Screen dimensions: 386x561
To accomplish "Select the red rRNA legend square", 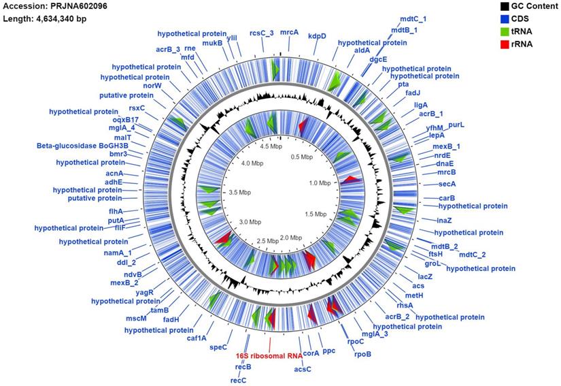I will pyautogui.click(x=501, y=44).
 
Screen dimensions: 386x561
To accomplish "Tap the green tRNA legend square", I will pyautogui.click(x=501, y=31).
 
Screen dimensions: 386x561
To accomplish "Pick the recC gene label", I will pyautogui.click(x=238, y=380).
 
